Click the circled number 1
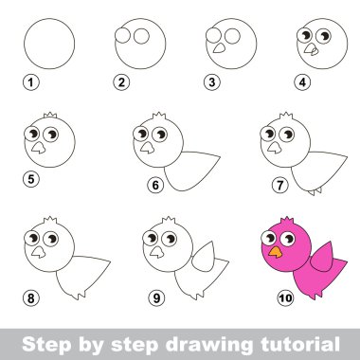[x=31, y=82]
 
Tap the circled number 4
[x=302, y=82]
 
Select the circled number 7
[x=280, y=185]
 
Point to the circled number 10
[x=285, y=297]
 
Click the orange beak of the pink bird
[x=276, y=252]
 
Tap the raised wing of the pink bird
[x=322, y=258]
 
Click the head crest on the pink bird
[x=287, y=220]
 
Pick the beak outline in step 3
[x=220, y=48]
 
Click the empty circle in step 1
[x=49, y=44]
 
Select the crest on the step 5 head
[x=50, y=116]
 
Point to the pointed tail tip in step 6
[x=219, y=156]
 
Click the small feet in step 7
[x=315, y=191]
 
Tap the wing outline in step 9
[x=204, y=257]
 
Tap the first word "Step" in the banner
[x=46, y=344]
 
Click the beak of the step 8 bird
[x=38, y=252]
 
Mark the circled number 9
[x=156, y=297]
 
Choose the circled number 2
[x=121, y=82]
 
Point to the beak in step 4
[x=312, y=49]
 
